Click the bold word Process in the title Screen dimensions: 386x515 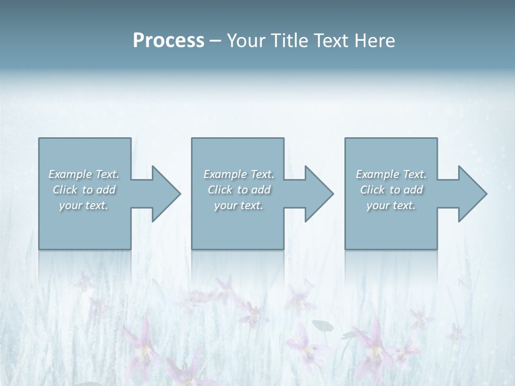[x=168, y=41]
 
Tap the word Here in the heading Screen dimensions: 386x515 [x=375, y=41]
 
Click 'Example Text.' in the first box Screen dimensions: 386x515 [x=84, y=174]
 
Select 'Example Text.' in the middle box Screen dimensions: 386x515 [x=239, y=174]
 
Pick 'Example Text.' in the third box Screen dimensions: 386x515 [x=391, y=174]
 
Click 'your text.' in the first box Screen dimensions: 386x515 [x=84, y=205]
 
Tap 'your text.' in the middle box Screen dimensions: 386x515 [x=239, y=205]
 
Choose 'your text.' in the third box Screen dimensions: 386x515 [x=391, y=205]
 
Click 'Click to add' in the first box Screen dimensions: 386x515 [x=84, y=190]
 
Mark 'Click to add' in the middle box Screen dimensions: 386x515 [x=239, y=190]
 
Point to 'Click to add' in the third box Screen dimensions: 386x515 [x=392, y=190]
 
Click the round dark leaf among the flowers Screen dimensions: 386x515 [x=322, y=325]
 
